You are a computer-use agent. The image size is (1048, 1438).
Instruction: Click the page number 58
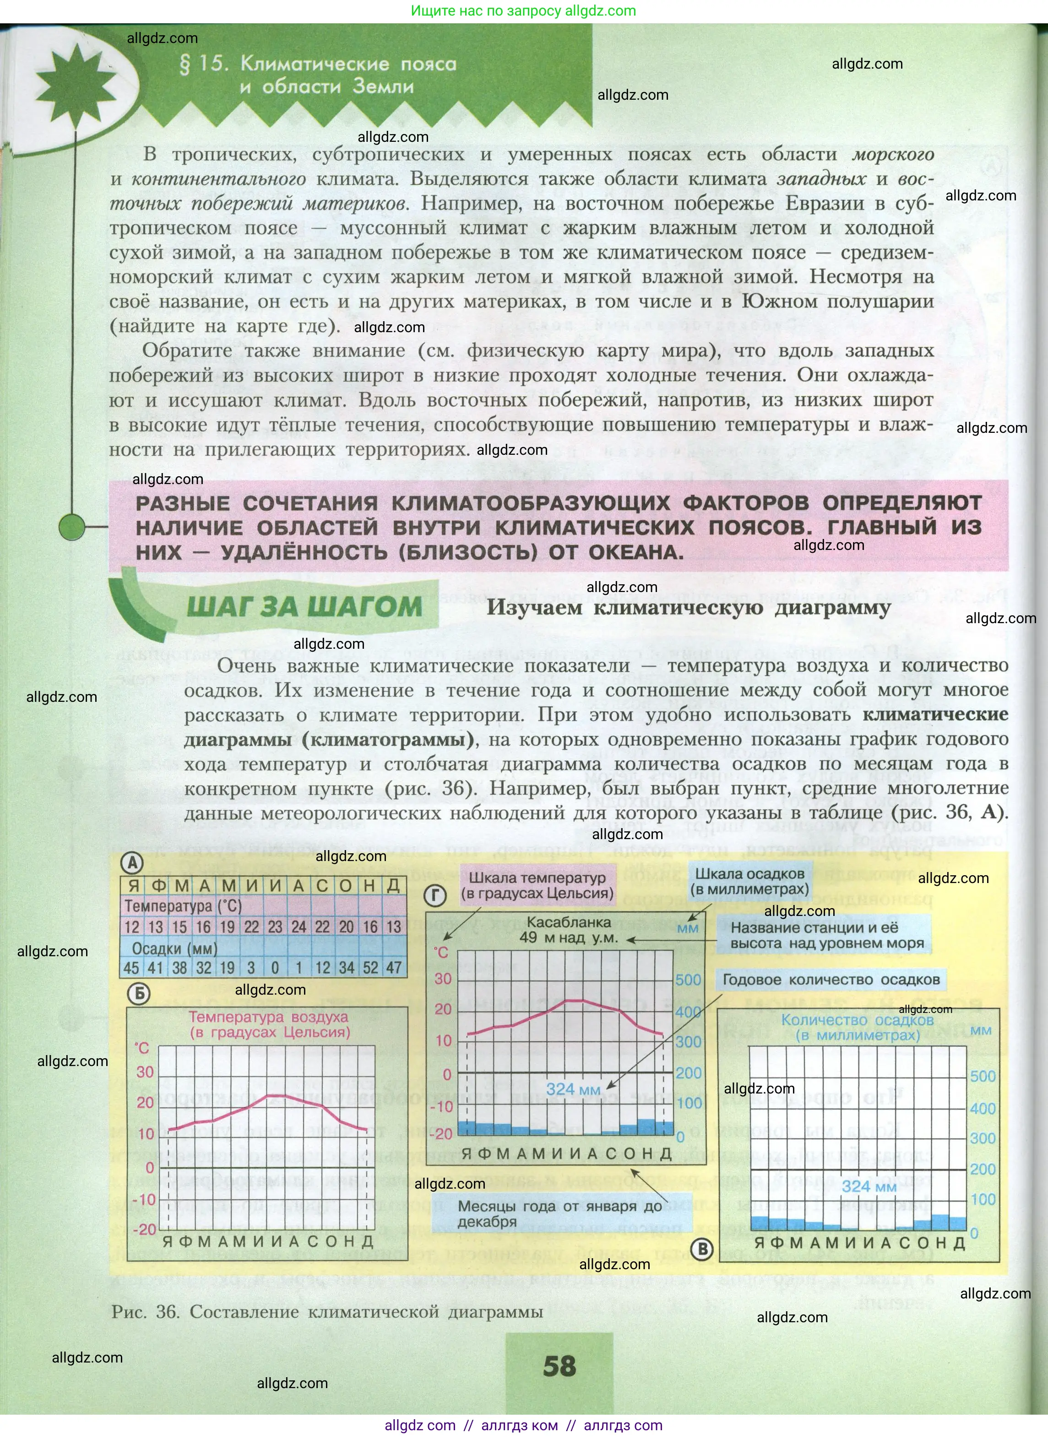tap(559, 1366)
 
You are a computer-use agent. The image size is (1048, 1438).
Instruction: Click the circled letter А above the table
tap(133, 862)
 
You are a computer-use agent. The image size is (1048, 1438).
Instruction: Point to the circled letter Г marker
tap(435, 895)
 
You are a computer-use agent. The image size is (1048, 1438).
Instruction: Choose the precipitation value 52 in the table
tap(370, 968)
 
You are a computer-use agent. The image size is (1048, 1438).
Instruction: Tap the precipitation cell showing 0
tap(275, 968)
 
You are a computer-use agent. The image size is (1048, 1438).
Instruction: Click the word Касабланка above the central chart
tap(568, 922)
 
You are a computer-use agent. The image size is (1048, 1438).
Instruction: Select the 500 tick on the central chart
tap(688, 980)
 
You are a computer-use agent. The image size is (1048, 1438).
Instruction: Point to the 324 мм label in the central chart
tap(573, 1089)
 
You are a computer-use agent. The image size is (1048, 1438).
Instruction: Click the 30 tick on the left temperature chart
tap(145, 1072)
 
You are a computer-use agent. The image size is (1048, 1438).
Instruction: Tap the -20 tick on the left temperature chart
tap(145, 1229)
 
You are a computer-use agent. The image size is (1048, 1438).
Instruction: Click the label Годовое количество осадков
tap(831, 980)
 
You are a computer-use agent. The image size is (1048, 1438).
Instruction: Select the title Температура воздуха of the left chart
tap(268, 1017)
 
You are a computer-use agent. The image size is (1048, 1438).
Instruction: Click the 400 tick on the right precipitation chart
tap(982, 1109)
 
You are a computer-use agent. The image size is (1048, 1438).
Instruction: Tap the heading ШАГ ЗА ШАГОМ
tap(304, 607)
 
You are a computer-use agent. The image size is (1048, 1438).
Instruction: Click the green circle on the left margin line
tap(72, 526)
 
